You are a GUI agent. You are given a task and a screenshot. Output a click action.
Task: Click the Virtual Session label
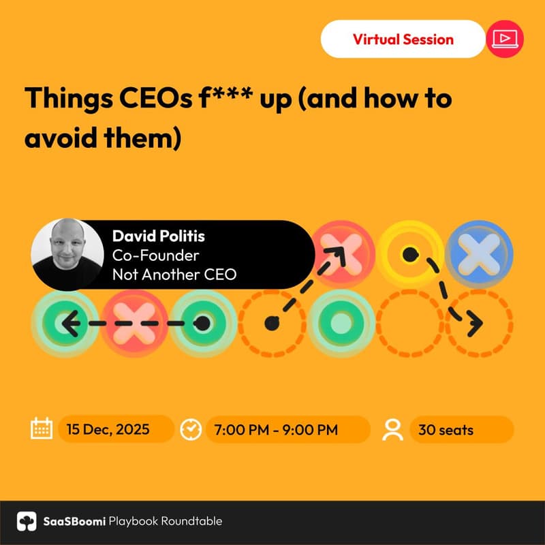click(x=403, y=39)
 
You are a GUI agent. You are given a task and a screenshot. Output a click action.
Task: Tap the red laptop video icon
click(x=505, y=39)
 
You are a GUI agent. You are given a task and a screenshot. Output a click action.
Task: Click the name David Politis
click(x=158, y=236)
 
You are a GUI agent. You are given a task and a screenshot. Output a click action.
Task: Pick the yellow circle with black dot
click(x=409, y=253)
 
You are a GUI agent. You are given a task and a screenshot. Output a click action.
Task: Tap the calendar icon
click(x=42, y=429)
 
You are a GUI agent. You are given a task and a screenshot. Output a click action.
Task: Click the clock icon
click(x=191, y=429)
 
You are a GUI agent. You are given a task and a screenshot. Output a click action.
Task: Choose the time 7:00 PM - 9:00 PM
click(x=276, y=430)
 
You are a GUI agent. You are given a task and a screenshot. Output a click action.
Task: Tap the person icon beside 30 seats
click(x=393, y=429)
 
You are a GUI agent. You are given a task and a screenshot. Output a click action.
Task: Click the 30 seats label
click(x=447, y=430)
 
